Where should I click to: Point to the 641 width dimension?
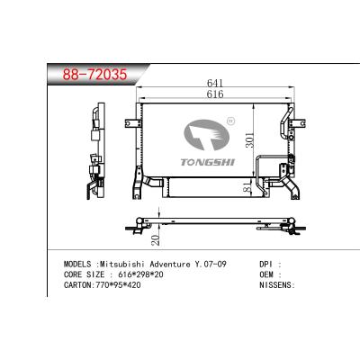[213, 83]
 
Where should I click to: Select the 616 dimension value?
[213, 94]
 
